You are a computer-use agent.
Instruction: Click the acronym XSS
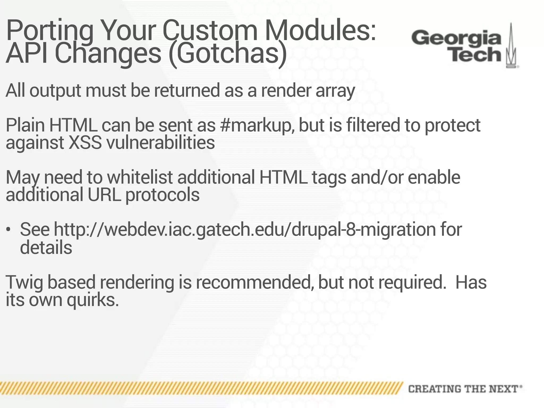[85, 143]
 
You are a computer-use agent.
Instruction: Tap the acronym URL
[104, 195]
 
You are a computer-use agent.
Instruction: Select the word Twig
[24, 283]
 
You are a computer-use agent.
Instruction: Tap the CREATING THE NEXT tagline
[465, 389]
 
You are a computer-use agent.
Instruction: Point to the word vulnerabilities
[160, 143]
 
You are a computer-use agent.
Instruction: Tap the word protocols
[162, 195]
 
